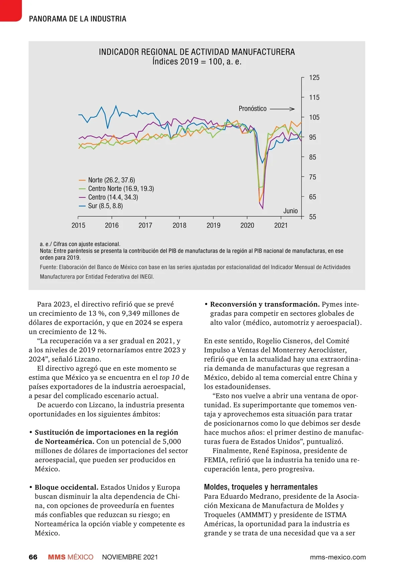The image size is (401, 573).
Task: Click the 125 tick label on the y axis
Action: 314,78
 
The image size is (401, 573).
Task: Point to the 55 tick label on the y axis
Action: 312,217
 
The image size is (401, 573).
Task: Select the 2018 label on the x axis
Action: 179,225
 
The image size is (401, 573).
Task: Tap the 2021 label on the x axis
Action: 281,225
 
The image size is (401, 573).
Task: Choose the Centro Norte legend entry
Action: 121,189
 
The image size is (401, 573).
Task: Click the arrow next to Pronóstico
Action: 282,109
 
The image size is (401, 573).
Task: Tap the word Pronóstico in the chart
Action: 252,109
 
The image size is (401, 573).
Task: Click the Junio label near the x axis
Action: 290,211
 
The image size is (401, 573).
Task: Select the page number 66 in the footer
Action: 33,557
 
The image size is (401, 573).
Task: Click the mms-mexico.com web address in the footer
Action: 338,557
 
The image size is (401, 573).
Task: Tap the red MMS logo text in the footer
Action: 56,557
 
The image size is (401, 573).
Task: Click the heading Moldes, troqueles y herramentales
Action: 261,487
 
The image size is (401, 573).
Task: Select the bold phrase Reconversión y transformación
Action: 265,304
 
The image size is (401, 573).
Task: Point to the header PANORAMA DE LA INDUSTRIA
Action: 78,19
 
